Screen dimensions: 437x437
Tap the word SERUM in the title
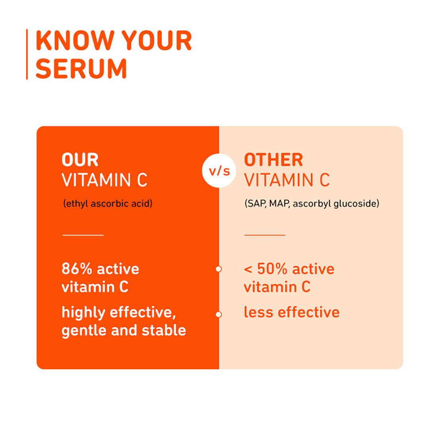81,68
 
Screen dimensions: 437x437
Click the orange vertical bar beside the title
27,54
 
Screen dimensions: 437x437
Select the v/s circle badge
219,171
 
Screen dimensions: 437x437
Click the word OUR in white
80,160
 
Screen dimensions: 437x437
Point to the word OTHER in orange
273,160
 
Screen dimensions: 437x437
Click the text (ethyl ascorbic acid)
108,204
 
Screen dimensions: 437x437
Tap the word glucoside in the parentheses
356,204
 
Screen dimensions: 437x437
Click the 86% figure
77,269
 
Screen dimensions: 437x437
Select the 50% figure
272,269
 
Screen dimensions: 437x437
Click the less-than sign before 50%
248,269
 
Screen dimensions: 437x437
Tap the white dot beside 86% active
218,269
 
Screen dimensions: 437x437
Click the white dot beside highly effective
218,315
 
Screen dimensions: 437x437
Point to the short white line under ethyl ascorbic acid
83,235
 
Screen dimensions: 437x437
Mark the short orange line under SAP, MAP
265,235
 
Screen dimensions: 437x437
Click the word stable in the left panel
164,331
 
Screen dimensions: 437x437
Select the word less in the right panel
258,312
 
